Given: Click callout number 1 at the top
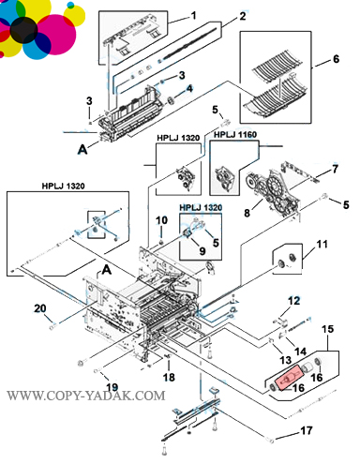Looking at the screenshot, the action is click(x=193, y=15).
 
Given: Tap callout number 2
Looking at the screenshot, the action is click(x=243, y=16).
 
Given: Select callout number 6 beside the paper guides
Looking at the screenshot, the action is click(x=336, y=59).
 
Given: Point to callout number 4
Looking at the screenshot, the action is click(x=189, y=89).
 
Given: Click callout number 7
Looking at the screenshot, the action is click(x=335, y=169).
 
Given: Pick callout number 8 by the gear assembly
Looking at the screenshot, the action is click(x=247, y=213).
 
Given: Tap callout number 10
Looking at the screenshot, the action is click(x=161, y=220).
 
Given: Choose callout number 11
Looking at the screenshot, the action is click(x=322, y=244).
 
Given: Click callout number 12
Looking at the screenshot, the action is click(x=293, y=301).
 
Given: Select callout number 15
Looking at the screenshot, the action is click(x=327, y=329).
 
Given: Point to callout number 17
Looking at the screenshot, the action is click(x=307, y=430).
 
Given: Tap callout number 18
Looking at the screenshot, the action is click(x=169, y=377).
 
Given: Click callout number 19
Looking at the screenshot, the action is click(x=112, y=387).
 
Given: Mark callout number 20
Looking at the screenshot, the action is click(x=40, y=308).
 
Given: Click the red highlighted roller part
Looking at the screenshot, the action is click(x=289, y=379).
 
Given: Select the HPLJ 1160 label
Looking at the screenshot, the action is click(x=235, y=135).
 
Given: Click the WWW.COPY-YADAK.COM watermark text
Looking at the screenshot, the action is click(x=86, y=396).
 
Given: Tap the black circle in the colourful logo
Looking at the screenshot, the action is click(x=24, y=30).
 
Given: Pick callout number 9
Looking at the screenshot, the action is click(x=202, y=250).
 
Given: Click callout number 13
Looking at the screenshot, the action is click(x=285, y=360).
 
